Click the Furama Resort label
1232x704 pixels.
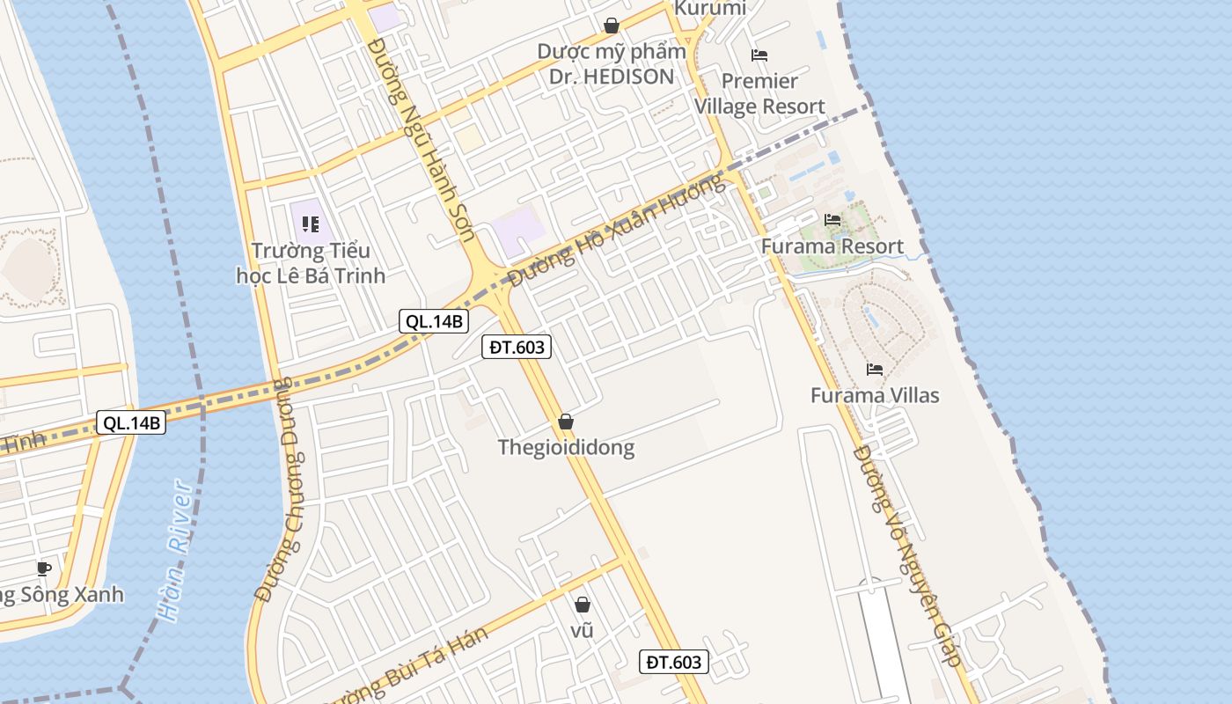coord(832,246)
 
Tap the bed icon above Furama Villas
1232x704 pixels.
coord(875,369)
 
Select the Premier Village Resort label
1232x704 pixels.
coord(759,94)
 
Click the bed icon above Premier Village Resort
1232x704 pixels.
coord(759,55)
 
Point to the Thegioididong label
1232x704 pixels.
coord(566,447)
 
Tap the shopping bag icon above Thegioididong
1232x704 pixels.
coord(566,422)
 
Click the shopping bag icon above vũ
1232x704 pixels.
coord(582,605)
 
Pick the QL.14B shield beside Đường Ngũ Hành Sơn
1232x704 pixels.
coord(432,321)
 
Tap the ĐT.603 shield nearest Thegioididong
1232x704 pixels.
coord(517,348)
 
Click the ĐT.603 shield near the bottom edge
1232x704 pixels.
coord(673,663)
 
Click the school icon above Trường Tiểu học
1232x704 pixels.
coord(310,224)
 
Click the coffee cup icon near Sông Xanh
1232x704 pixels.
coord(44,568)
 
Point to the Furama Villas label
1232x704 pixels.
coord(875,396)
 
